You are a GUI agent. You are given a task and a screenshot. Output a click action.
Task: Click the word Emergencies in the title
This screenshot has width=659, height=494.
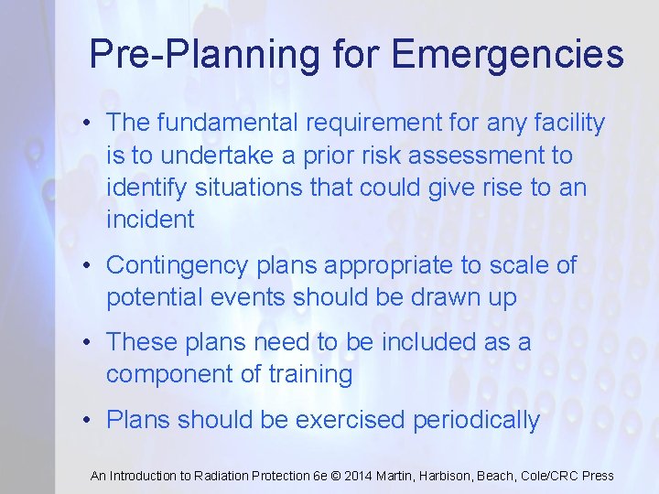coord(508,55)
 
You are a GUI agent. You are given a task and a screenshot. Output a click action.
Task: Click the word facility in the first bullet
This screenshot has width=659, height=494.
coord(569,122)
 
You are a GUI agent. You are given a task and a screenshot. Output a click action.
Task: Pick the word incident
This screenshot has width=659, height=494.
coord(150,220)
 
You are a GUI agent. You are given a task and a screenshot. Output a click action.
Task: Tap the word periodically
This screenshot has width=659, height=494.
coord(477,420)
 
